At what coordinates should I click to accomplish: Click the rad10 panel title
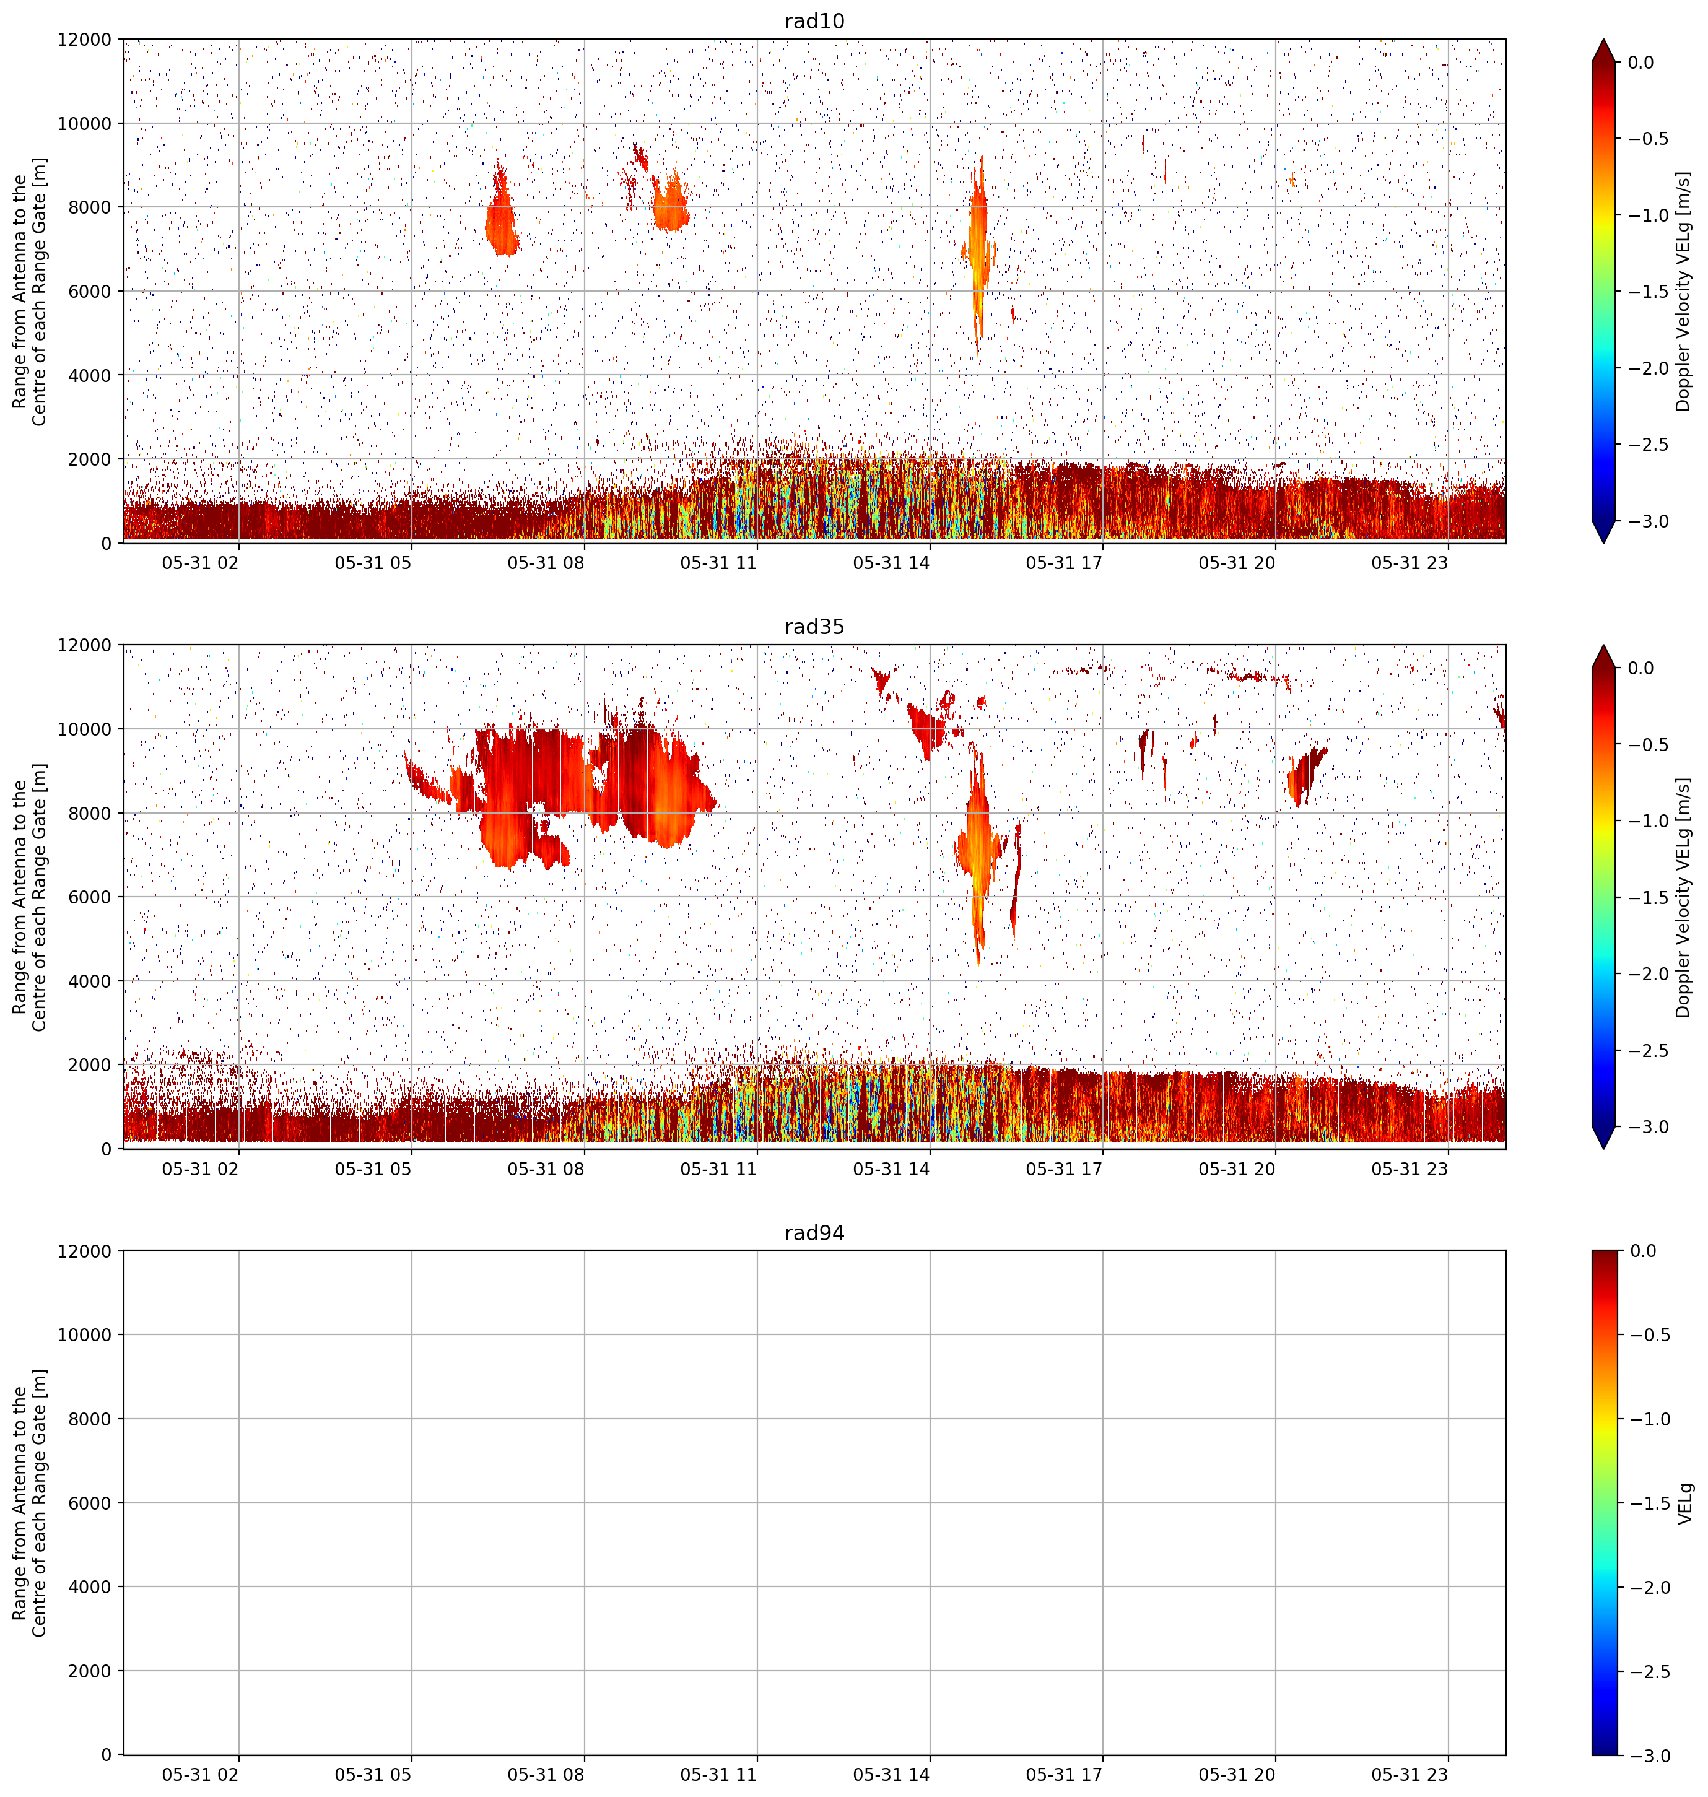pyautogui.click(x=814, y=21)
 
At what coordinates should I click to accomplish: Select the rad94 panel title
pyautogui.click(x=814, y=1233)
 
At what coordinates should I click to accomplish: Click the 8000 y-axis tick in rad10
pyautogui.click(x=90, y=207)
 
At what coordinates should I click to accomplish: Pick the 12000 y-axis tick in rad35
pyautogui.click(x=85, y=645)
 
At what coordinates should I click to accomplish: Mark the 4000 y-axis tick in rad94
pyautogui.click(x=90, y=1586)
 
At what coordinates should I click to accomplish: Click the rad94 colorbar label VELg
pyautogui.click(x=1685, y=1503)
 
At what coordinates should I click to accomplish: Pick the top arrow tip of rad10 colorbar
pyautogui.click(x=1605, y=39)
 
